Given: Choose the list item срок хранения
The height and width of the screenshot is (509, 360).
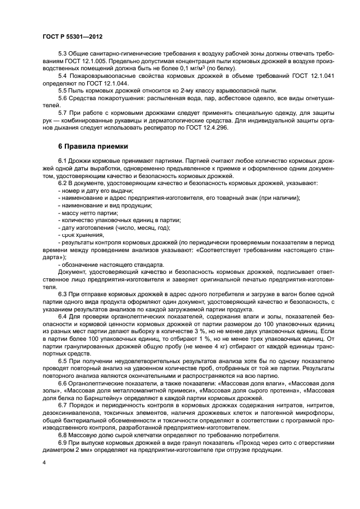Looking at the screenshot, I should [82, 234].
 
